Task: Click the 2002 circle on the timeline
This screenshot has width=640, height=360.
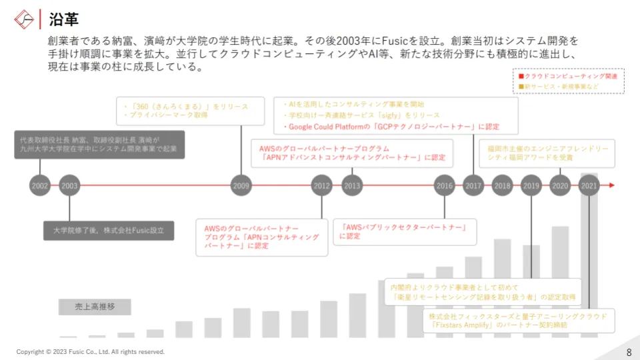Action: (x=40, y=185)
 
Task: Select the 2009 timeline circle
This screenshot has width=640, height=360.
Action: (x=241, y=185)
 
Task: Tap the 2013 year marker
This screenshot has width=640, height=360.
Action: (x=352, y=185)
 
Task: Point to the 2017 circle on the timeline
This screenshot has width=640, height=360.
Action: (x=473, y=185)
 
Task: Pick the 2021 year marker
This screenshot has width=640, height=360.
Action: (x=589, y=185)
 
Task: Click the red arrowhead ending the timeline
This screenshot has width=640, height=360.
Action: (x=611, y=185)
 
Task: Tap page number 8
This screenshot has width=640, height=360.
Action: (x=629, y=351)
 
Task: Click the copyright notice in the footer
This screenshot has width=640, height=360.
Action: (x=90, y=351)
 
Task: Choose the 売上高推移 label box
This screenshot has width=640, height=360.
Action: (x=94, y=307)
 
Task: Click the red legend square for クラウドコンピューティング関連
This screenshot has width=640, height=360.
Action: (x=521, y=77)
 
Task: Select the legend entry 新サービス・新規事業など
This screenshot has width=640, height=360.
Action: (x=561, y=87)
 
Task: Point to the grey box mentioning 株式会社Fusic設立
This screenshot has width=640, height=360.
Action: (x=109, y=231)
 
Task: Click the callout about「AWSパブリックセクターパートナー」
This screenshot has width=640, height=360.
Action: (x=405, y=231)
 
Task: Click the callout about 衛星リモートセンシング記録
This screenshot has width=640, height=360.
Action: (x=484, y=292)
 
